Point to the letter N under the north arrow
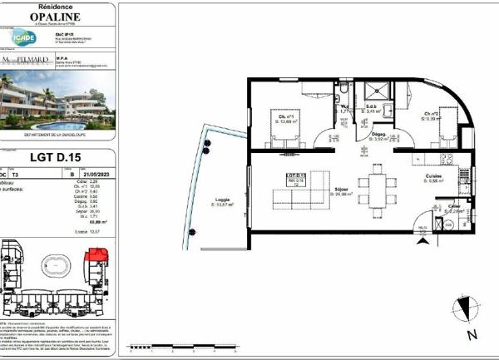tap(472, 335)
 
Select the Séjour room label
tap(340, 189)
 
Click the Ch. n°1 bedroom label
tap(286, 117)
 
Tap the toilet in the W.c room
tap(342, 91)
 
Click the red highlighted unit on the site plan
tap(92, 250)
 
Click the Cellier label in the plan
tap(453, 205)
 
